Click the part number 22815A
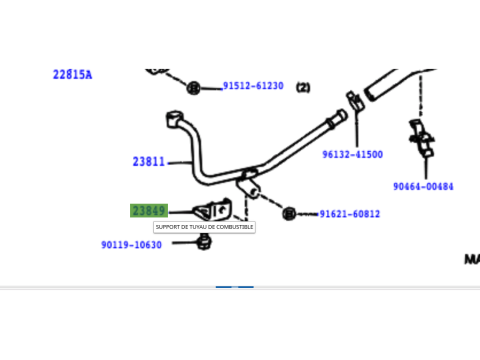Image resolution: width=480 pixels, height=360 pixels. coord(72,74)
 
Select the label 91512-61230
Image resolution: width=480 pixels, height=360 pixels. coord(253,86)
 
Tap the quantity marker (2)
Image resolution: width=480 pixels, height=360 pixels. coord(303,87)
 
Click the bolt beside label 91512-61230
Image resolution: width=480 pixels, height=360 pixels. coord(196,86)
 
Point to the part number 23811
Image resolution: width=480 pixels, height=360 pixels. coord(148,161)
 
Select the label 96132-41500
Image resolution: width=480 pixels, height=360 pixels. coord(352,155)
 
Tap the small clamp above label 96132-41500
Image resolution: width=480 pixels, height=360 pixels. coord(353,101)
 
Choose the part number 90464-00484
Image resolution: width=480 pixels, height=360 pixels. coord(423,186)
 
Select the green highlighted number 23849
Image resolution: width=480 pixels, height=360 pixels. coord(148,210)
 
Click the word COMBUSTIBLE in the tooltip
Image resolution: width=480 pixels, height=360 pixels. coord(232,227)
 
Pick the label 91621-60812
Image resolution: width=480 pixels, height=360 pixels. coord(349,214)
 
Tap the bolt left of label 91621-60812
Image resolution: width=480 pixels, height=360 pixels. coord(289,213)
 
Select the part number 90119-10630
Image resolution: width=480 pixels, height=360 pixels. coord(131,245)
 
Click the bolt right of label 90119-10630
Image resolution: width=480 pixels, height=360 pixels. coord(204,241)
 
